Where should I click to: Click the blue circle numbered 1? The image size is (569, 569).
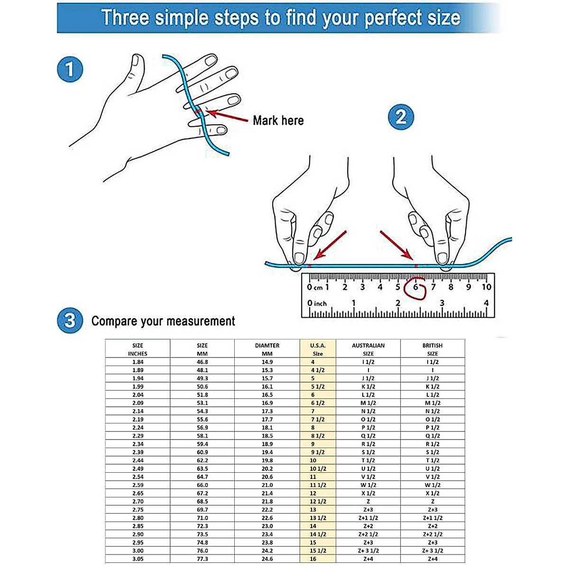click(x=70, y=69)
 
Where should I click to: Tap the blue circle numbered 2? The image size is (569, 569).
click(x=401, y=117)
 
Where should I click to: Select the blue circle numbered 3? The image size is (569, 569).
click(x=70, y=321)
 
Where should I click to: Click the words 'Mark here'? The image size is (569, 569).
click(x=278, y=120)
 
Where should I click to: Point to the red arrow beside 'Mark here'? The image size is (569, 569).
click(x=228, y=116)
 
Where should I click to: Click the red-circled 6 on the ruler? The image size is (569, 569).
click(x=416, y=287)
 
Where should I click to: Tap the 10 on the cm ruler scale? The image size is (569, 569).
click(x=486, y=287)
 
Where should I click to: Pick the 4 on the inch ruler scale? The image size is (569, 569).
click(x=486, y=303)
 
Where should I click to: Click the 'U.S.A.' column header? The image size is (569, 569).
click(x=318, y=345)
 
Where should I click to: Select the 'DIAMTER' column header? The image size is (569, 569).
click(x=267, y=345)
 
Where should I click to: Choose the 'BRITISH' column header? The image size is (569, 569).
click(x=432, y=345)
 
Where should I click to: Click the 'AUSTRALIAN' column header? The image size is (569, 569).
click(x=368, y=345)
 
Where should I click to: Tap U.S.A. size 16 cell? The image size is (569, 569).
click(x=313, y=559)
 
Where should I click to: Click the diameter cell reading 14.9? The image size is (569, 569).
click(x=267, y=362)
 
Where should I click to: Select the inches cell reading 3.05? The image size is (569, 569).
click(x=138, y=559)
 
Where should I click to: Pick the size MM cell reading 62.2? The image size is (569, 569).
click(x=202, y=460)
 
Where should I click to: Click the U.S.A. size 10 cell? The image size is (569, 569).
click(x=313, y=460)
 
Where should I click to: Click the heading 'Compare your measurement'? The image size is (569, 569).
click(x=163, y=321)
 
